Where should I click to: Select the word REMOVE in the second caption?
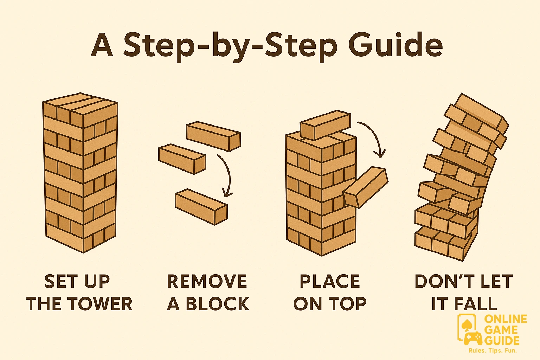coord(207,281)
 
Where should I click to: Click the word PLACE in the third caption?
coord(330,281)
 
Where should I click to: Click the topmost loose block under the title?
coord(214,136)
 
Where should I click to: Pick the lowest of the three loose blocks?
coord(201,207)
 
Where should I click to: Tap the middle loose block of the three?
coord(182,159)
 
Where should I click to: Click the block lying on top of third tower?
coord(325,125)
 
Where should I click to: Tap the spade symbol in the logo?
coord(466,326)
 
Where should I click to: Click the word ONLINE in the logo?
coord(506,319)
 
